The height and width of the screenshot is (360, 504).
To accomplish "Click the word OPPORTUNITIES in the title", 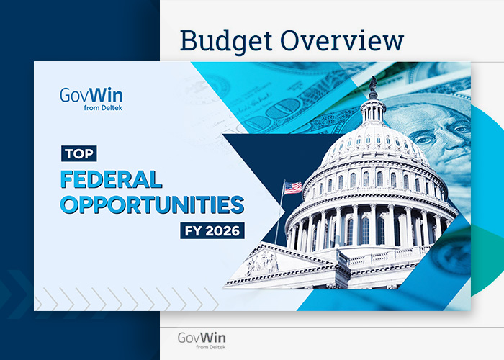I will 152,205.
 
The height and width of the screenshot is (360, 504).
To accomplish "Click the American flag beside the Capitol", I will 292,187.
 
